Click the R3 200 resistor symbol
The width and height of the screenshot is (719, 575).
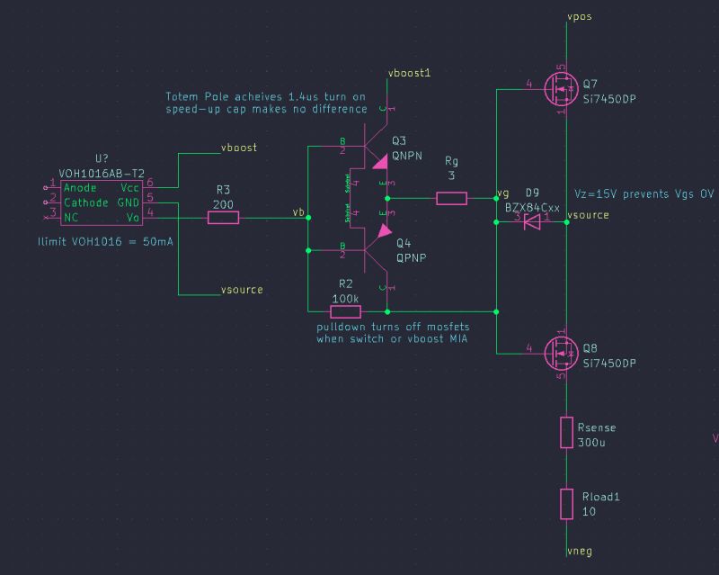[x=223, y=217]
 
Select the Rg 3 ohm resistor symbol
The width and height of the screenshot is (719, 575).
[x=451, y=198]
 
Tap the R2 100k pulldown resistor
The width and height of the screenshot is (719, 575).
[x=345, y=311]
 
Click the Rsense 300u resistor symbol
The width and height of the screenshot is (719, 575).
[x=566, y=433]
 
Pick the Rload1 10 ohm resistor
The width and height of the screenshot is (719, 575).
[x=566, y=504]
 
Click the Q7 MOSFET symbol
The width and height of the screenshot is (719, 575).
[x=560, y=90]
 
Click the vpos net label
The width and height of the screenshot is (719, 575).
[x=580, y=16]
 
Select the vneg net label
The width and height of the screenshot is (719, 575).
[x=580, y=550]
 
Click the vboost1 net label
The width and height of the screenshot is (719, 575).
[x=409, y=72]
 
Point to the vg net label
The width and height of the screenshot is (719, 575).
[x=502, y=193]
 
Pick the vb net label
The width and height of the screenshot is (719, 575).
[x=298, y=212]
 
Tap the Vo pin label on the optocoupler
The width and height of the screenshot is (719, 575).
[x=132, y=217]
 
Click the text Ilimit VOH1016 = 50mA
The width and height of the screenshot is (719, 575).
[x=105, y=243]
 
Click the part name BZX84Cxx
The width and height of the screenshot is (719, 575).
[x=532, y=207]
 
